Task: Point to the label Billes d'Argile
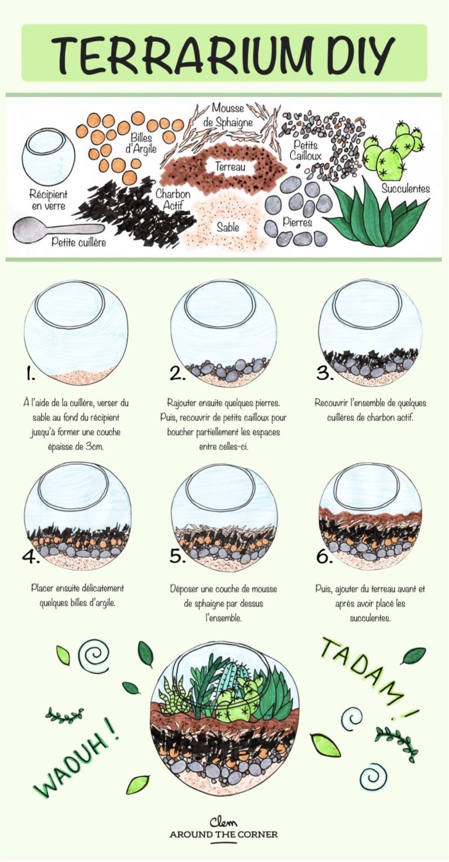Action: click(x=141, y=143)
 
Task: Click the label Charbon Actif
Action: click(x=172, y=199)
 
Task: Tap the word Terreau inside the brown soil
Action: click(x=230, y=167)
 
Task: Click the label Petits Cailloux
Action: click(x=306, y=149)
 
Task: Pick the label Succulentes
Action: click(x=405, y=188)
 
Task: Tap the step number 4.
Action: click(x=30, y=556)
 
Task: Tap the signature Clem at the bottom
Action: click(x=224, y=821)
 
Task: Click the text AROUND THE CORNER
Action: click(x=224, y=834)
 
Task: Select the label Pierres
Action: click(x=298, y=222)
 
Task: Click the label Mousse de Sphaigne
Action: click(x=232, y=115)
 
